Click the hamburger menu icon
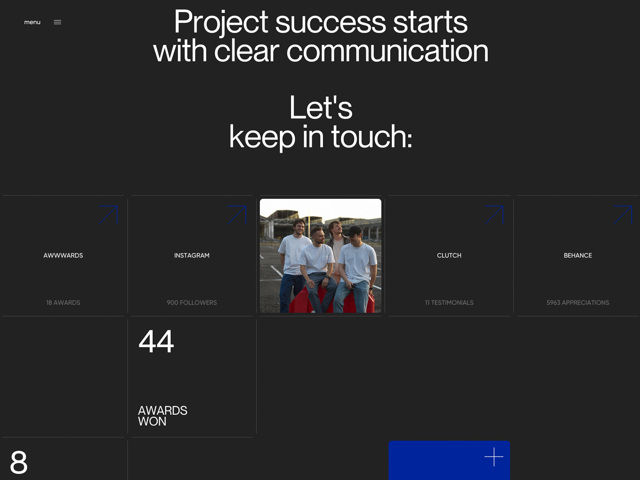point(58,22)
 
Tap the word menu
point(32,22)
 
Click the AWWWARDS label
point(63,255)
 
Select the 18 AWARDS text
point(63,302)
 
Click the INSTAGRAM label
point(192,255)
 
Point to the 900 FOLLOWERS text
point(192,302)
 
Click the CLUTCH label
point(449,255)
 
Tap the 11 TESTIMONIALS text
point(449,302)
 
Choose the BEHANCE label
point(578,255)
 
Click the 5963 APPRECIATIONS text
point(578,302)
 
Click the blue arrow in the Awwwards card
point(108,215)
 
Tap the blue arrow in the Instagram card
point(237,215)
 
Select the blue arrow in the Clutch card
point(494,215)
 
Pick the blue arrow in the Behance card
point(623,215)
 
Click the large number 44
point(156,341)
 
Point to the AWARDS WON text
point(163,416)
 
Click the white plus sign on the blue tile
point(494,457)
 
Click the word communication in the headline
point(387,51)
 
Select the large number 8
point(19,462)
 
